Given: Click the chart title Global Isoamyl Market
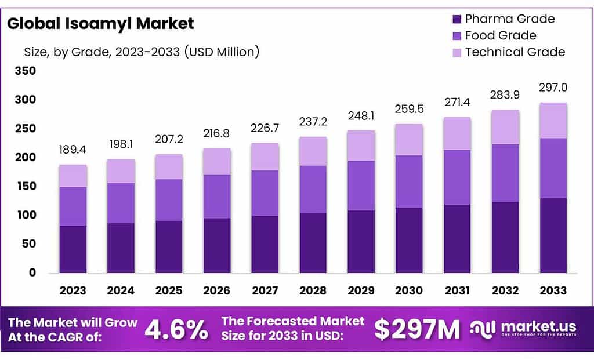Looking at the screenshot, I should [x=101, y=24].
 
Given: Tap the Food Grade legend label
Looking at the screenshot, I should [x=501, y=35].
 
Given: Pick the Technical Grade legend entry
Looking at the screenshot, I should [x=515, y=52].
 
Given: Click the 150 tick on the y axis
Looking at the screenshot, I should [x=27, y=186].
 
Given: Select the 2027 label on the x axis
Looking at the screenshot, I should [x=265, y=290].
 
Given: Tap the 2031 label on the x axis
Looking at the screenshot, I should [x=457, y=290].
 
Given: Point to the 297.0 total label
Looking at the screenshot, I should [x=553, y=88].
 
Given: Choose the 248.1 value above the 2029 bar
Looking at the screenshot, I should [x=361, y=116].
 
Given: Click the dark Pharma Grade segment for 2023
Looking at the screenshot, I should [x=73, y=249].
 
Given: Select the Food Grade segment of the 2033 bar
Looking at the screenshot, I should [x=553, y=168].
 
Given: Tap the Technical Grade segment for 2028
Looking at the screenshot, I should [x=313, y=151].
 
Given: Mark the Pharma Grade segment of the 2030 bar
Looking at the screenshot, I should [x=409, y=240].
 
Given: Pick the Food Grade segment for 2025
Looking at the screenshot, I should [x=169, y=200].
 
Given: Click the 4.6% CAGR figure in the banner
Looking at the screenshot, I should [x=176, y=330].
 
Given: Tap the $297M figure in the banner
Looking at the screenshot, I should [x=416, y=330].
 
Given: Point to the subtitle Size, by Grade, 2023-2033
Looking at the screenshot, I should [x=142, y=52].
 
